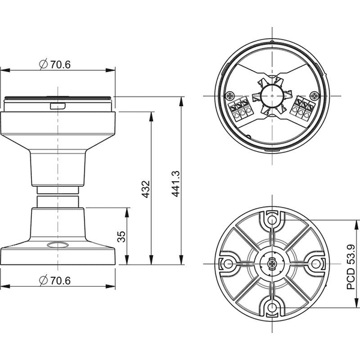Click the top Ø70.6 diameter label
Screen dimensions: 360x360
(55, 64)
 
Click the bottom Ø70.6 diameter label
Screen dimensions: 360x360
(55, 280)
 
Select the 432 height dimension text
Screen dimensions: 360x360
(146, 190)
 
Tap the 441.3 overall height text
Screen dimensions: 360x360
(176, 184)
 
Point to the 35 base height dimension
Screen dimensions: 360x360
(121, 236)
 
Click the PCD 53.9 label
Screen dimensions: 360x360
(351, 267)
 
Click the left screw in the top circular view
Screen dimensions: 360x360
(230, 96)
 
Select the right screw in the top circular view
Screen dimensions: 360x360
(314, 95)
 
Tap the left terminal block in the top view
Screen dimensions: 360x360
(239, 109)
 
